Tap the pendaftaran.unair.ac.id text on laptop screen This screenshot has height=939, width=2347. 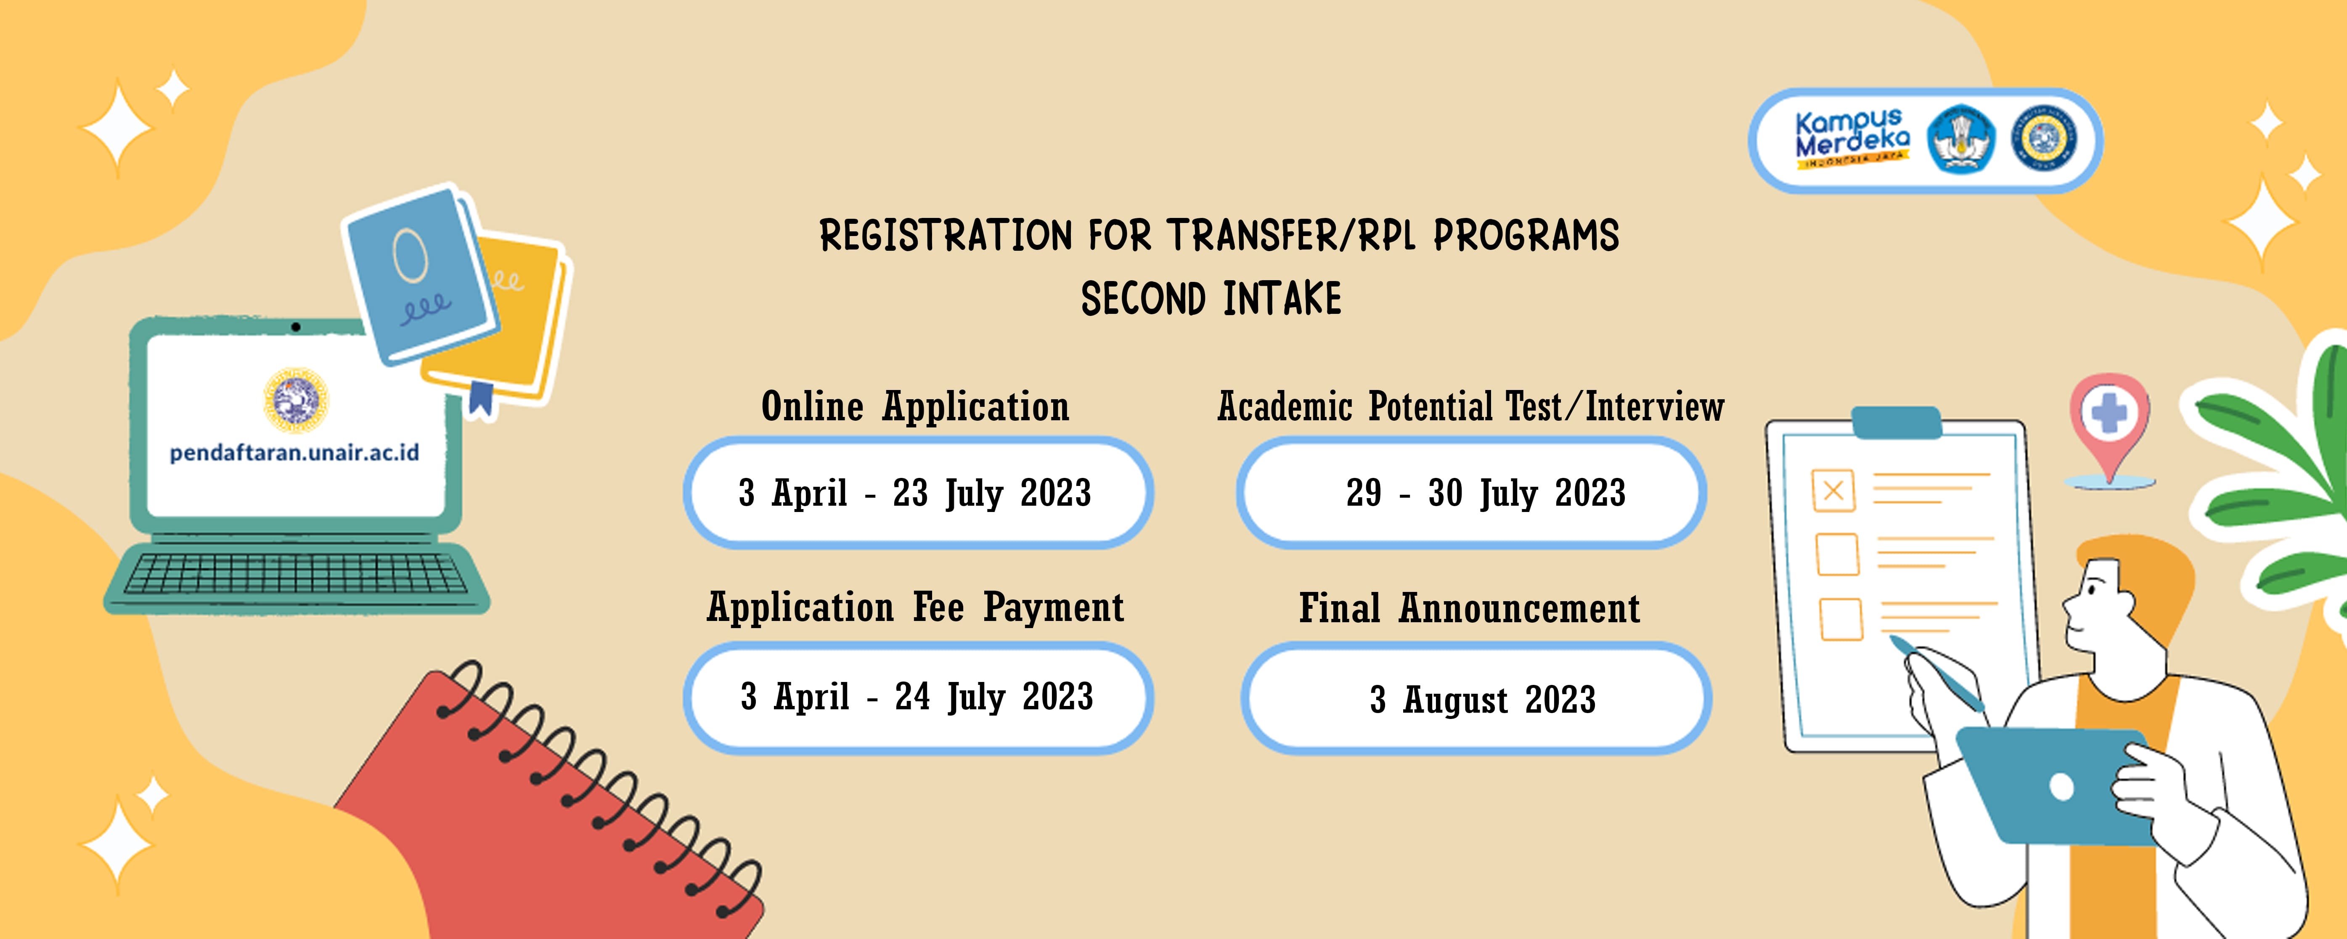point(294,452)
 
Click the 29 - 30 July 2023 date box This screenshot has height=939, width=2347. point(1471,492)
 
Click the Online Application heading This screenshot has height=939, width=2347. point(916,406)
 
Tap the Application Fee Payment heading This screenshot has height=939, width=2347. point(916,607)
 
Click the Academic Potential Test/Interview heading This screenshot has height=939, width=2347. point(1470,406)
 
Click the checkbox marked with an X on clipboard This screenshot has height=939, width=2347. point(1833,491)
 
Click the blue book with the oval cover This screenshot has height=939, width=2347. point(421,273)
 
